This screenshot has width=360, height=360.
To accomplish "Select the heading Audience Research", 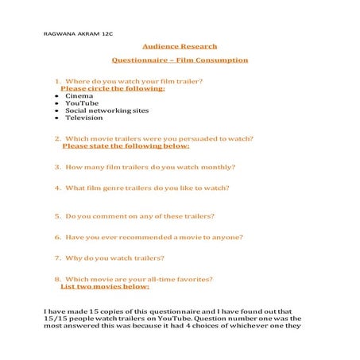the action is [x=180, y=46].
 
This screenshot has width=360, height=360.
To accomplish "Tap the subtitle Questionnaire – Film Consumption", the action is [x=180, y=60].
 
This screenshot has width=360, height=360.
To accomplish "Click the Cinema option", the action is [x=79, y=95].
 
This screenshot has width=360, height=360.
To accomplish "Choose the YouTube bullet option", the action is [x=82, y=103].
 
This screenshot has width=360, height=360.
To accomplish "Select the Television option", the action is [x=84, y=118].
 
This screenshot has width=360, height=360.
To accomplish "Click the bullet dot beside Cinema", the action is [x=57, y=96].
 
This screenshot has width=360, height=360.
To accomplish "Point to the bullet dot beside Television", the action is [x=57, y=118].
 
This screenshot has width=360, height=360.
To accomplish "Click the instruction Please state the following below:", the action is [x=126, y=146].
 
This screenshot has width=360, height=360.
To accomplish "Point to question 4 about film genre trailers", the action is [x=142, y=188].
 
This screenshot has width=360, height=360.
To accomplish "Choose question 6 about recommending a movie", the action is [x=149, y=237].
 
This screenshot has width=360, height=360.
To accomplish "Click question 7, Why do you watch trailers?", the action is [x=110, y=257].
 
